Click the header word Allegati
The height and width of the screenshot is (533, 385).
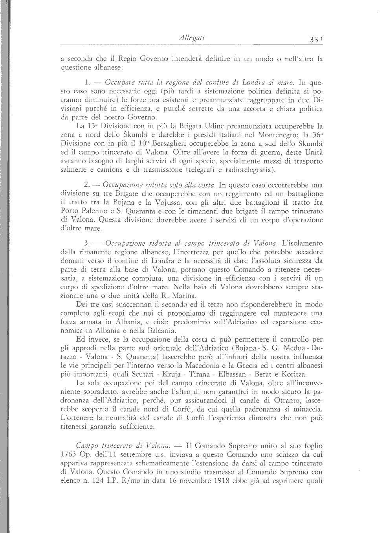(x=191, y=38)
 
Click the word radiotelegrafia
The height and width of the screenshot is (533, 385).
(x=249, y=170)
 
